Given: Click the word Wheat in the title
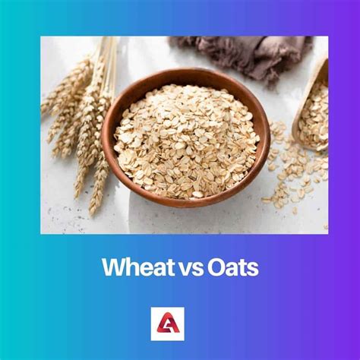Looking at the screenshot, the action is [139, 267].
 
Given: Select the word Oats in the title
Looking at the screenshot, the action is [233, 267].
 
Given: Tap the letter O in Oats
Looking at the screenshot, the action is [216, 267].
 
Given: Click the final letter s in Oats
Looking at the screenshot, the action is [253, 270].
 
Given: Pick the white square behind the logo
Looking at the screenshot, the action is [168, 324].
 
